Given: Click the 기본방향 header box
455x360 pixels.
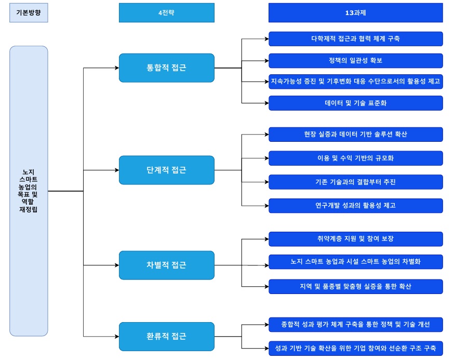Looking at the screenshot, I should click(29, 13).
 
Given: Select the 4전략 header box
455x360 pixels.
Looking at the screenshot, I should click(166, 13).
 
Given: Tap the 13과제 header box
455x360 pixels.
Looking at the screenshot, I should click(355, 13).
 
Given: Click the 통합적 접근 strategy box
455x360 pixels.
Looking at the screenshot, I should click(166, 68).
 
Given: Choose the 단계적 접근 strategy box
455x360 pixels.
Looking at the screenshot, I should click(166, 170).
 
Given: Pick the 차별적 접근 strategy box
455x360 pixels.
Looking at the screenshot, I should click(166, 265).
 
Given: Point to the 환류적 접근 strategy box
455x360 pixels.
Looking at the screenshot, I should click(166, 337).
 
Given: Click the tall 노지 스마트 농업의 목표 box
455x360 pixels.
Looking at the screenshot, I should click(29, 191).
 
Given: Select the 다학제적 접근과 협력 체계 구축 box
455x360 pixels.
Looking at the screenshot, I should click(355, 39).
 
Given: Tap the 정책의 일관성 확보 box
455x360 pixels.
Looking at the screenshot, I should click(355, 60).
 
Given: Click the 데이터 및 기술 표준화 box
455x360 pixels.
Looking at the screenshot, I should click(355, 103).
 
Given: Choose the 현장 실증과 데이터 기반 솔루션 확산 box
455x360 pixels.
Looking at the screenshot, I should click(355, 135).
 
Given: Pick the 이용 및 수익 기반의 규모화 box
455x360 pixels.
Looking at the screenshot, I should click(355, 158).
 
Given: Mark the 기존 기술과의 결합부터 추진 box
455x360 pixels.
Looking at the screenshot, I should click(355, 182).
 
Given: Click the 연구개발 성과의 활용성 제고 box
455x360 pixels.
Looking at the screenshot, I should click(355, 206).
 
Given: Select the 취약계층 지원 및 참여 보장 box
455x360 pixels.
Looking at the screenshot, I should click(355, 239).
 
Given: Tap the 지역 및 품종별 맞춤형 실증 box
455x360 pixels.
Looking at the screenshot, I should click(355, 286).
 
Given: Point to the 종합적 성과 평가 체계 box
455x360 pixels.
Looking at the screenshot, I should click(355, 325).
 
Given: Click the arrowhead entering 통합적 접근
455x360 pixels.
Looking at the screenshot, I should click(116, 68).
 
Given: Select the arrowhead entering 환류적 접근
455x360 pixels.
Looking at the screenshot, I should click(116, 337).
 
